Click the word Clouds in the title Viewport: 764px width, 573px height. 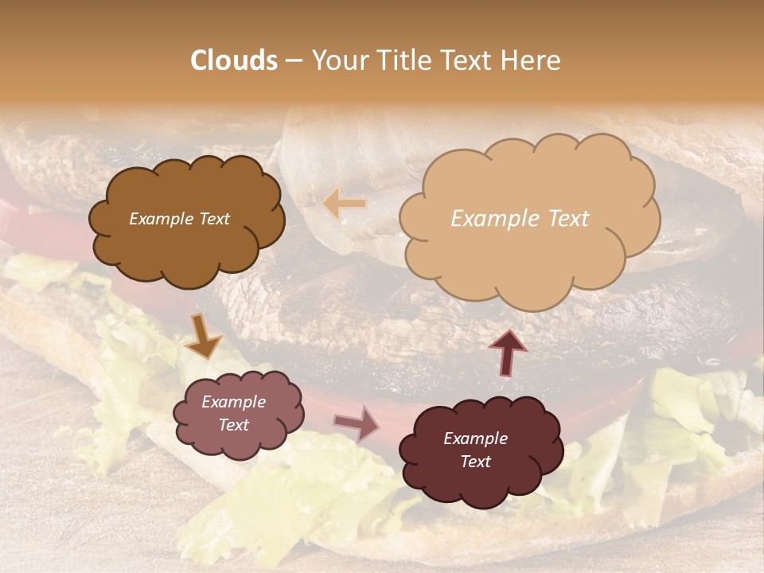pos(234,60)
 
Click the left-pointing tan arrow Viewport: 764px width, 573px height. pos(345,205)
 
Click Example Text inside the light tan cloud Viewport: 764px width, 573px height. pos(520,219)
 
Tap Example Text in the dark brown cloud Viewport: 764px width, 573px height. pos(179,219)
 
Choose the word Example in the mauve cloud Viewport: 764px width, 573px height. pos(233,402)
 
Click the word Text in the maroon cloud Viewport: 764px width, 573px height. pos(475,462)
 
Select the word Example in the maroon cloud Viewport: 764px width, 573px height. pos(475,439)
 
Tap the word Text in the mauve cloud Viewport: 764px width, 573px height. pos(233,425)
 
